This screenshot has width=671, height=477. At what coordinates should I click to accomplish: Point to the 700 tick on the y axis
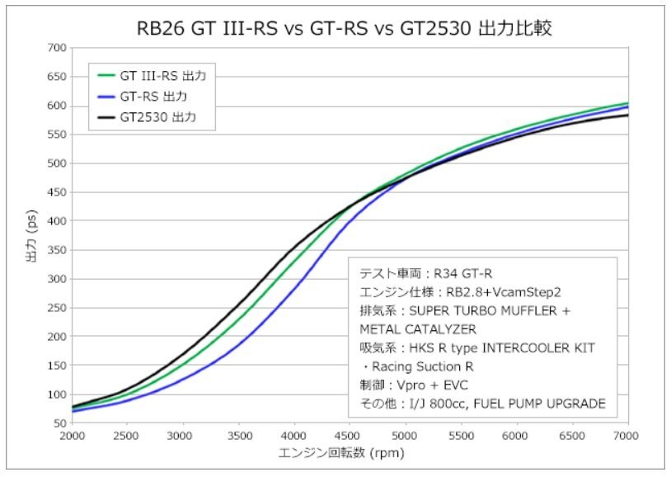[x=56, y=48]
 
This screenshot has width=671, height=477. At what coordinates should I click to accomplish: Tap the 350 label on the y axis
[x=56, y=250]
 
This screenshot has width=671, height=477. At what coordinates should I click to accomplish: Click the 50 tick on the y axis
[x=59, y=423]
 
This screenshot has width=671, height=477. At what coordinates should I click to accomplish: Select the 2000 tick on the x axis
[x=72, y=436]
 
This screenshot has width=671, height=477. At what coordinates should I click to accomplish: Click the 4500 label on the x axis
[x=350, y=436]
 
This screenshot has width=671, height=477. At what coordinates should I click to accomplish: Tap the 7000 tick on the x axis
[x=627, y=436]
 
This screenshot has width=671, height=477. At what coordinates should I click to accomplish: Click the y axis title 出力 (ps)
[x=32, y=235]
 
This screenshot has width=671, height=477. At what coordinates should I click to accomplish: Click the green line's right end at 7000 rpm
[x=627, y=103]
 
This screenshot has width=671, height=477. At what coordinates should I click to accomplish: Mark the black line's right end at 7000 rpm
[x=627, y=115]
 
